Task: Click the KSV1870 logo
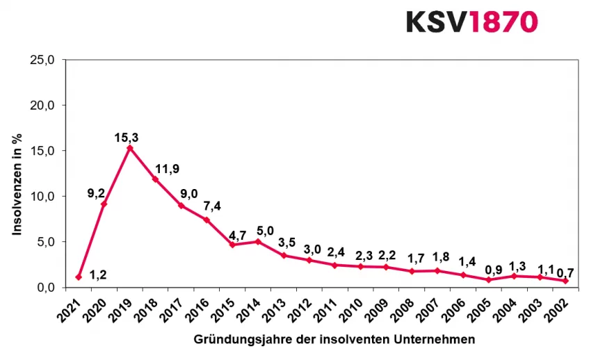click(471, 22)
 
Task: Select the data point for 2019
click(130, 148)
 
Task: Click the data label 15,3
click(127, 138)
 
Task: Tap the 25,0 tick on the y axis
click(43, 60)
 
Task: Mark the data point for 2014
click(258, 241)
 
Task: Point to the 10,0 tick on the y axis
click(43, 196)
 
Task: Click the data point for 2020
click(104, 204)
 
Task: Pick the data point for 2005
click(489, 279)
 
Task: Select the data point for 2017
click(181, 205)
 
